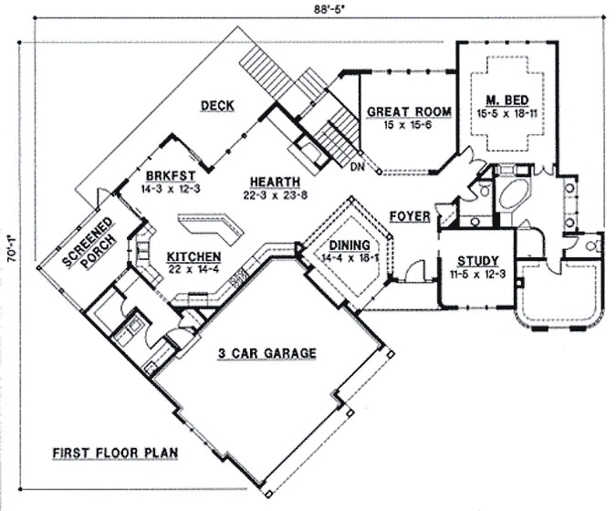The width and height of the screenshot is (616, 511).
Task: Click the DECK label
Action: (x=217, y=106)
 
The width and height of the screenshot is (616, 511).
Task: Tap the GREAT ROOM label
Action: (x=409, y=112)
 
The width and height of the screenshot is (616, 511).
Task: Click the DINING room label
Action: (x=350, y=245)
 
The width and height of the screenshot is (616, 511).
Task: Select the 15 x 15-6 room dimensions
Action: (x=409, y=126)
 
